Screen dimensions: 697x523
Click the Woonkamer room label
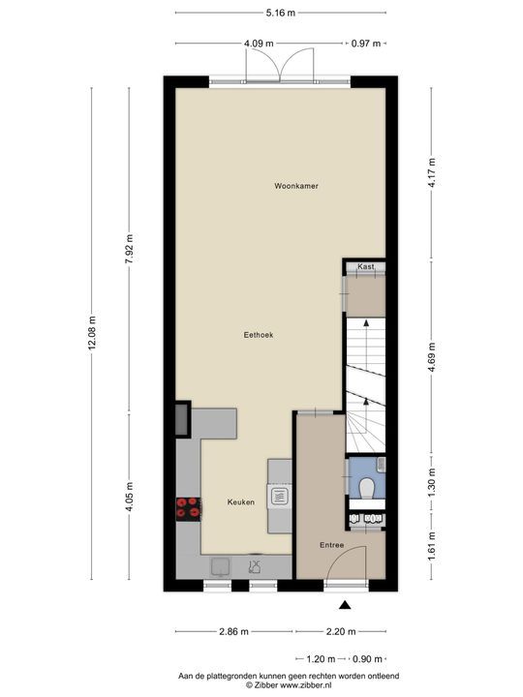click(296, 186)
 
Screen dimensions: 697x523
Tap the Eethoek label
click(258, 335)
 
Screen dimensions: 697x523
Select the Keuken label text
click(241, 501)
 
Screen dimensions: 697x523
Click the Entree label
click(332, 545)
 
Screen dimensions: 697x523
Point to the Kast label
click(365, 266)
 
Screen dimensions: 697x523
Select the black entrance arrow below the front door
click(344, 606)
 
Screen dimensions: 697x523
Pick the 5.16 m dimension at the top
click(281, 14)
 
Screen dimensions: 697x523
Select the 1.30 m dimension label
click(432, 480)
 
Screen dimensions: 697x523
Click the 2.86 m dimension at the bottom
click(232, 631)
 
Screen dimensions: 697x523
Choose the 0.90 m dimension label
click(367, 657)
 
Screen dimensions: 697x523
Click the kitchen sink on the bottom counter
click(220, 565)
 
